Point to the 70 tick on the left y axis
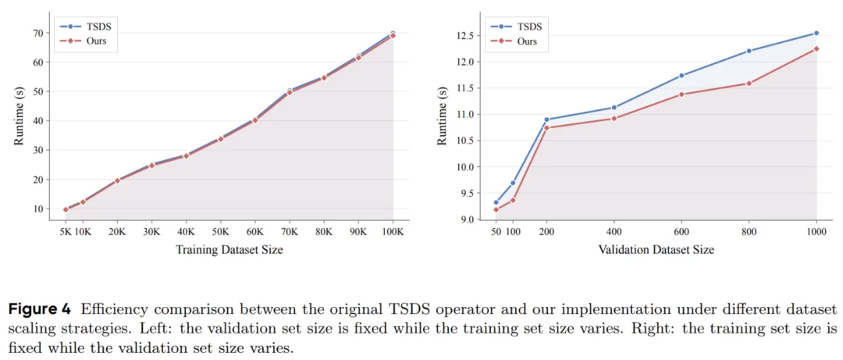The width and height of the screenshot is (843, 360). click(36, 33)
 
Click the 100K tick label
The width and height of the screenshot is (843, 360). click(393, 232)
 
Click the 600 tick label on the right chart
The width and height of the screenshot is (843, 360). click(681, 232)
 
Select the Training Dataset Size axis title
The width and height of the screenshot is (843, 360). click(229, 250)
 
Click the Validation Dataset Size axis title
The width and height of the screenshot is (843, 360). click(656, 250)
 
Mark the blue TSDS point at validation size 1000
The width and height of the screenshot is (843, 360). click(816, 33)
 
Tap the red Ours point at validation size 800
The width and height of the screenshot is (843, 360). click(749, 83)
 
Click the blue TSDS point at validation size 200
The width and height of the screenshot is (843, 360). click(546, 119)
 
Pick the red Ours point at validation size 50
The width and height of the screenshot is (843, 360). click(496, 209)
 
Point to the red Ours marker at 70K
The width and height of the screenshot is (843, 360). click(290, 93)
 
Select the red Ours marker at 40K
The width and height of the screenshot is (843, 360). click(186, 156)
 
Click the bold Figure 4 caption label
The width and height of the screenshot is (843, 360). click(39, 308)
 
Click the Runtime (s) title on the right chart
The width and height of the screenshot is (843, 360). click(442, 115)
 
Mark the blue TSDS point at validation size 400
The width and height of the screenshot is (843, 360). click(614, 107)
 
